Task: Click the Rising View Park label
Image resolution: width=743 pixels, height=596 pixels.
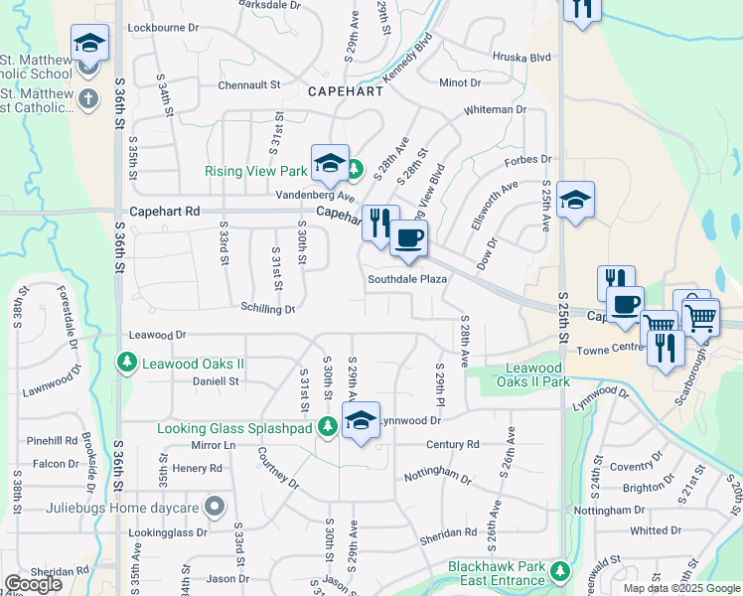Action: [x=255, y=171]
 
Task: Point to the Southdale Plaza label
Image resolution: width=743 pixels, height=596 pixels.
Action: [x=407, y=279]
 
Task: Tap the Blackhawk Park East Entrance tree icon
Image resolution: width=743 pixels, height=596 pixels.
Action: [x=560, y=571]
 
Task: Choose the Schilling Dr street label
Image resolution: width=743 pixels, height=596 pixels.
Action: [x=268, y=309]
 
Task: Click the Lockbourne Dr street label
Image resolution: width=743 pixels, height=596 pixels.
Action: [x=165, y=30]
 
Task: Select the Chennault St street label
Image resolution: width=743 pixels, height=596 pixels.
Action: [x=249, y=84]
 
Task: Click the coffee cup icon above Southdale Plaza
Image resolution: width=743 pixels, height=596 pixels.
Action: [x=407, y=238]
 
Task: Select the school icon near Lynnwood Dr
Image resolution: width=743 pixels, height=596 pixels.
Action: [x=361, y=419]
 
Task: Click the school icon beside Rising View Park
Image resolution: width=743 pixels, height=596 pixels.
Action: [x=328, y=163]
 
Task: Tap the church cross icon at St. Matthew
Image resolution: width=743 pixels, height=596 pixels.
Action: [x=88, y=98]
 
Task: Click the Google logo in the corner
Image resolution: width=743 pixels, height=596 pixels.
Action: [x=33, y=584]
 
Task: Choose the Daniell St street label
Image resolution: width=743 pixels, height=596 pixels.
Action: [x=216, y=380]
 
